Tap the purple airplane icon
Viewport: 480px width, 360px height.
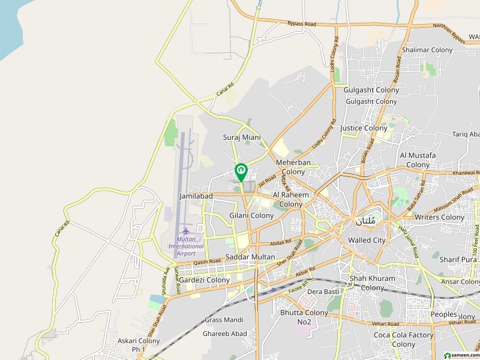click(x=185, y=230)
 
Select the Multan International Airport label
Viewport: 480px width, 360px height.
click(x=185, y=246)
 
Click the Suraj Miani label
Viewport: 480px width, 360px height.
click(x=242, y=137)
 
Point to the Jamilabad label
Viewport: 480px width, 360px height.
click(x=196, y=196)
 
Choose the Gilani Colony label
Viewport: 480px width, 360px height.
click(x=251, y=215)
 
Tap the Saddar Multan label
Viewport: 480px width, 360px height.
click(x=250, y=257)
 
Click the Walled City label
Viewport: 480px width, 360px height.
click(x=367, y=240)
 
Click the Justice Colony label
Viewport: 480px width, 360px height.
click(x=364, y=128)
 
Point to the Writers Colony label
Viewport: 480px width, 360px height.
click(x=440, y=217)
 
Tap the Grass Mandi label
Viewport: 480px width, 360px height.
click(x=224, y=320)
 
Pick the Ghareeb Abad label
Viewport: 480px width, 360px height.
click(x=224, y=334)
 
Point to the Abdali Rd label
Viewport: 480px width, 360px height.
click(x=280, y=242)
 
